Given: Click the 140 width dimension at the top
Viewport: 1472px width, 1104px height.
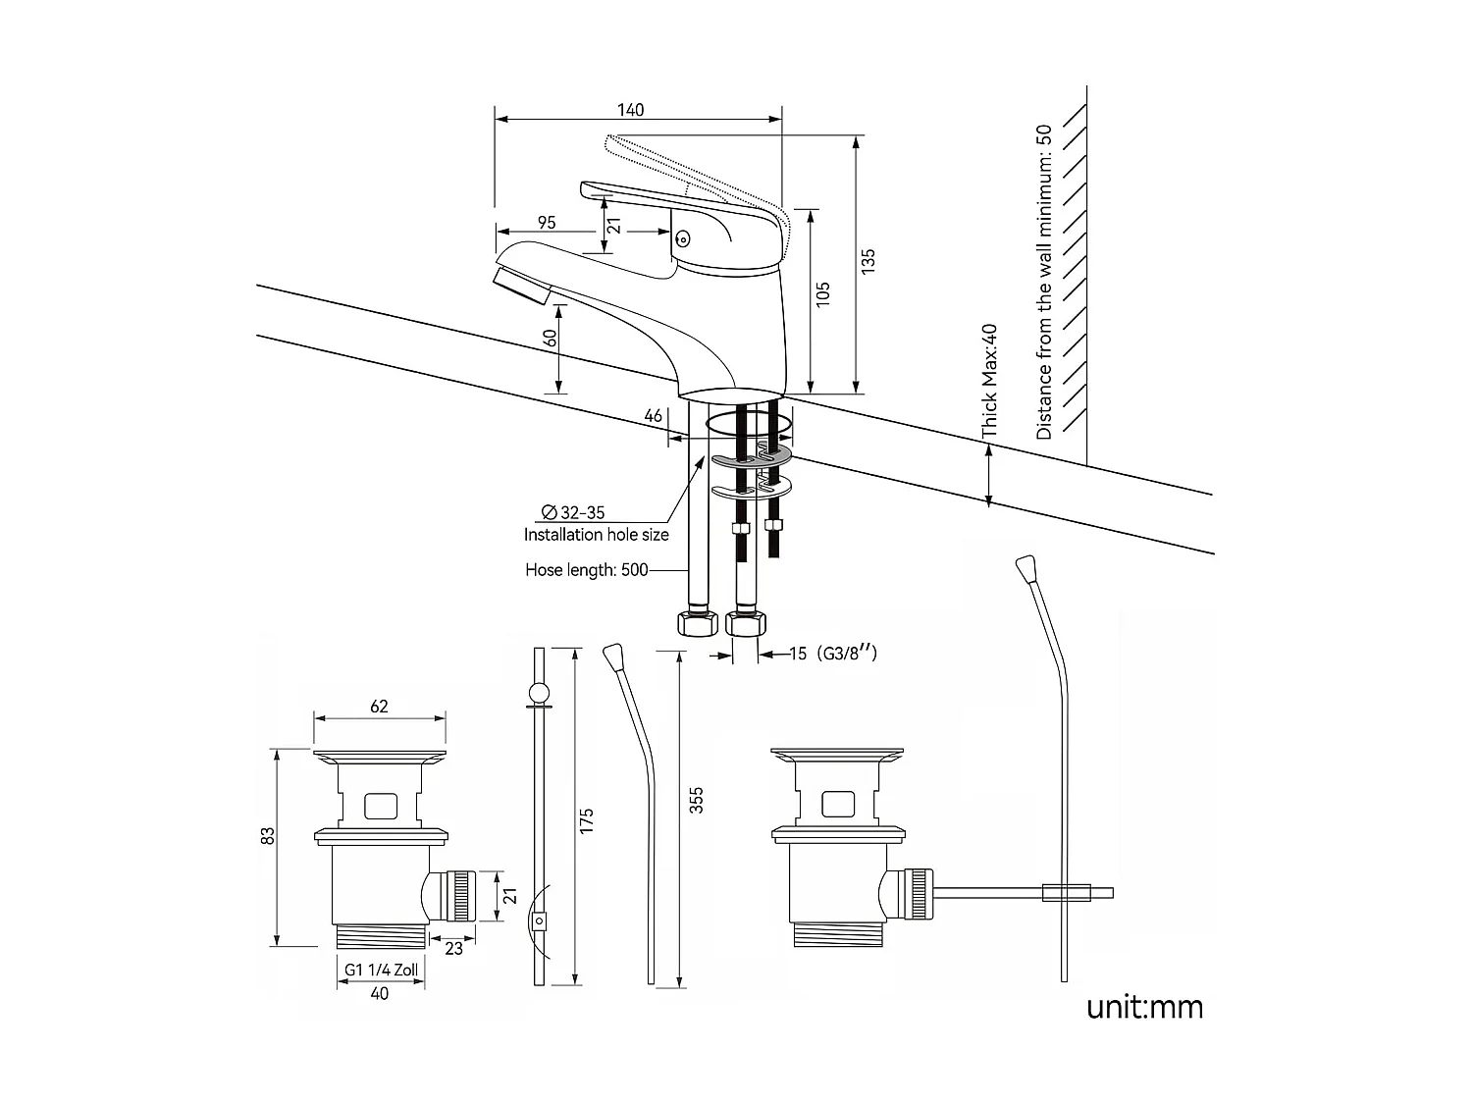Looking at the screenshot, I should pyautogui.click(x=631, y=110).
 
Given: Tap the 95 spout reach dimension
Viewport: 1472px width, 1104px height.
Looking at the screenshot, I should pyautogui.click(x=547, y=223).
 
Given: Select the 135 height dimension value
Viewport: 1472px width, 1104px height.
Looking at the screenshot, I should pyautogui.click(x=868, y=261).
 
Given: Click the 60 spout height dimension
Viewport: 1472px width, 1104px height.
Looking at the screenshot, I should pyautogui.click(x=551, y=338).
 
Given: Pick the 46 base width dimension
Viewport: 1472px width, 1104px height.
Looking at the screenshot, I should pyautogui.click(x=654, y=416).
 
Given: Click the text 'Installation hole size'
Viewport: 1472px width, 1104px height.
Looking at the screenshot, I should pyautogui.click(x=596, y=535).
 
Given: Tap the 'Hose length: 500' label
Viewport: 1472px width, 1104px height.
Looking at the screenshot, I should pyautogui.click(x=586, y=570).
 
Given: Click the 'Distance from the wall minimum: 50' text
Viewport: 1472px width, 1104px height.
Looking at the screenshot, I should pyautogui.click(x=1043, y=282).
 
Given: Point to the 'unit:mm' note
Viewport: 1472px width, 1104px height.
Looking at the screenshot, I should pyautogui.click(x=1143, y=1007).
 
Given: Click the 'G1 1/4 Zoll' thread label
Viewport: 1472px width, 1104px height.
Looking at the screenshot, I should pyautogui.click(x=381, y=970).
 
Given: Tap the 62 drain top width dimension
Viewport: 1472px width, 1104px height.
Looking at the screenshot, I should pyautogui.click(x=379, y=707).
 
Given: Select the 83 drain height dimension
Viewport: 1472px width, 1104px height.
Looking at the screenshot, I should pyautogui.click(x=267, y=835).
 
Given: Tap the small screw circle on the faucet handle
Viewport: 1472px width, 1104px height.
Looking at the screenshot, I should pyautogui.click(x=683, y=237).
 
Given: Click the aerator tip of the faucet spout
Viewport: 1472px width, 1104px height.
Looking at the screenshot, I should pyautogui.click(x=520, y=288).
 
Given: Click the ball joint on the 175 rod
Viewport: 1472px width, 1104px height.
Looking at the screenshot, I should pyautogui.click(x=538, y=694).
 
